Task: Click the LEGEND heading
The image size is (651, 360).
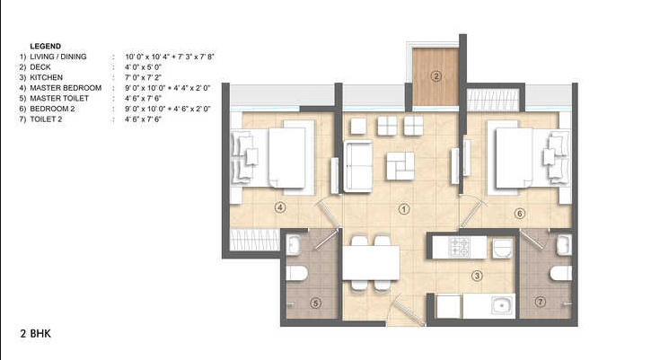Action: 44,45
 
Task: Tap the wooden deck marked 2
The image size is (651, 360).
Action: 435,75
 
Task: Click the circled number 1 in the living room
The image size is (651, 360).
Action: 404,209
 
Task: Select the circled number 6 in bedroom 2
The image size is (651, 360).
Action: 519,213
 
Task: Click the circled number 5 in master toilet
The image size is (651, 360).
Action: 315,303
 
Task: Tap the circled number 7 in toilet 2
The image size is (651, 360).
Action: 539,303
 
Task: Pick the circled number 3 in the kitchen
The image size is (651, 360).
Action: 477,277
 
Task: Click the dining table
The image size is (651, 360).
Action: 371,262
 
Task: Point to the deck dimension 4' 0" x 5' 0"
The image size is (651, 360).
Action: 145,66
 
